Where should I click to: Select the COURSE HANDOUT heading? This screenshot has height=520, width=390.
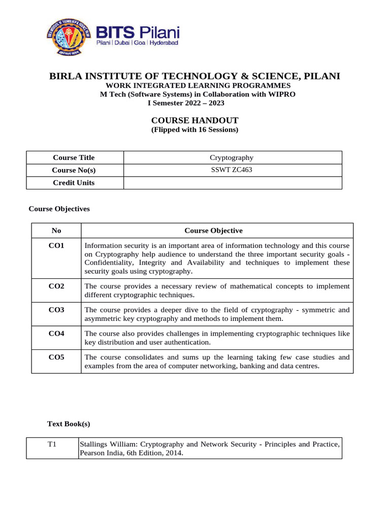195,120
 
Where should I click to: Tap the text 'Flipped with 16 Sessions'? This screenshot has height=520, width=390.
195,129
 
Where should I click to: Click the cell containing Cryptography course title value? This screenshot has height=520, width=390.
232,157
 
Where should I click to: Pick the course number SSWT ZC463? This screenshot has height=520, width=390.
232,170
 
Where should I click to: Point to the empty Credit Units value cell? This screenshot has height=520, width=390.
232,183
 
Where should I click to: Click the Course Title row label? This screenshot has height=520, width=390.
74,157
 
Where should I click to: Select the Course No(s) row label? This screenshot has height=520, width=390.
74,170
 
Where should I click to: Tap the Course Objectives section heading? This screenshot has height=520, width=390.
59,208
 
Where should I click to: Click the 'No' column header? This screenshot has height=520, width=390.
56,231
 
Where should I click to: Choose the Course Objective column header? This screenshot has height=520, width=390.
213,231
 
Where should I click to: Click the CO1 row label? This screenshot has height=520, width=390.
56,245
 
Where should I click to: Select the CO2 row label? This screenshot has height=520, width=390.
56,286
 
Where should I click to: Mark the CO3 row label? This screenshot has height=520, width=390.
56,309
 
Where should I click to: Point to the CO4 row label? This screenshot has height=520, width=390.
56,333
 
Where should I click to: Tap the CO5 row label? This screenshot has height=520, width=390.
56,357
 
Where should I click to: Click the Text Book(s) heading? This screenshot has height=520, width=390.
69,423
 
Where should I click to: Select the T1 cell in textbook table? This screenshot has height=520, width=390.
52,444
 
